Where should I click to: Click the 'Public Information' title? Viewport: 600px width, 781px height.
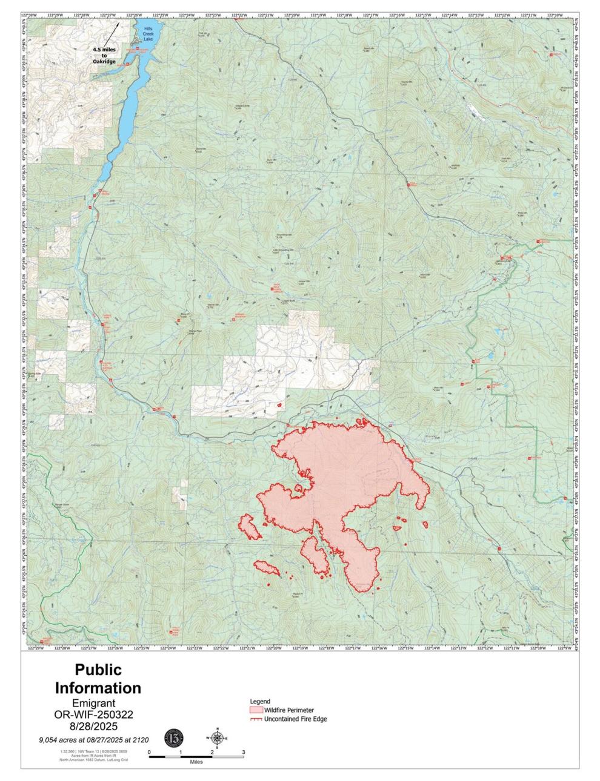pyautogui.click(x=98, y=679)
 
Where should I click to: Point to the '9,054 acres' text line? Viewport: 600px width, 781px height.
pyautogui.click(x=94, y=739)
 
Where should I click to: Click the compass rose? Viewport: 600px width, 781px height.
pyautogui.click(x=217, y=737)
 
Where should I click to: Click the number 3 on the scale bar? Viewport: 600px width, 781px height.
pyautogui.click(x=243, y=751)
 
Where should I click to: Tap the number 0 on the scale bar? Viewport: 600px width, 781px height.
pyautogui.click(x=149, y=751)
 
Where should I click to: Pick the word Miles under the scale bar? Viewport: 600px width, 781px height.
pyautogui.click(x=195, y=762)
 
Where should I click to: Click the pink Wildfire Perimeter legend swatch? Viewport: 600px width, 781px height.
pyautogui.click(x=256, y=710)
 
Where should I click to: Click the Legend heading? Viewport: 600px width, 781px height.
pyautogui.click(x=260, y=701)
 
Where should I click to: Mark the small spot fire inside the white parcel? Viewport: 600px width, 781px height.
pyautogui.click(x=279, y=405)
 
